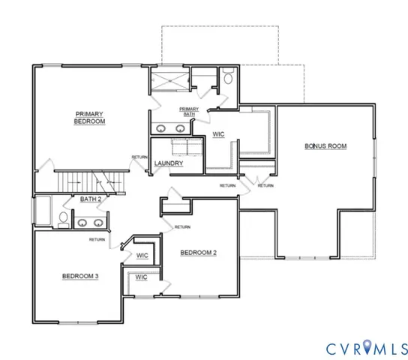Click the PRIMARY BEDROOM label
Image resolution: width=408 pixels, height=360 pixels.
89,118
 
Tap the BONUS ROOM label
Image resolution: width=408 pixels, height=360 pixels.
325,146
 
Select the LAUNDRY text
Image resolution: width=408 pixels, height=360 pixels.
169,163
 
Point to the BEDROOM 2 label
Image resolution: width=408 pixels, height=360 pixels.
199,253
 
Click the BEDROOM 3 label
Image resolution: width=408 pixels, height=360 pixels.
79,277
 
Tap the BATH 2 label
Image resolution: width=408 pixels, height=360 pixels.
92,199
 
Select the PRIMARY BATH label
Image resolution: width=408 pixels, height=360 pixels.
188,112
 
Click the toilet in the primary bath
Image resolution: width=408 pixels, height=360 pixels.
227,76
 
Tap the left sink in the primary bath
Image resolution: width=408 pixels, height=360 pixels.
160,127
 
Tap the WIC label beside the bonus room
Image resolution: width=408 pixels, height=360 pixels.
219,135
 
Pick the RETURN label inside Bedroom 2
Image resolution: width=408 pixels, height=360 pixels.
182,226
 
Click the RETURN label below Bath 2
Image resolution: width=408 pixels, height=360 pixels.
96,240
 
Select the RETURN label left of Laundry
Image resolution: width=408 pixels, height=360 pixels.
139,157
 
